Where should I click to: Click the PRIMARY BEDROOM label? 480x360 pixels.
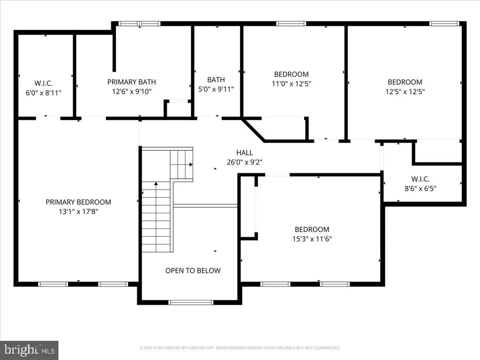tap(78, 202)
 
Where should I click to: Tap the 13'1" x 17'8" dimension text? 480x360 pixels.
tap(78, 211)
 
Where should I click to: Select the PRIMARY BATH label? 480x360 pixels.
tap(132, 82)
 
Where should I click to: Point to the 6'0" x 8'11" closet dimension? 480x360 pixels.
tap(44, 93)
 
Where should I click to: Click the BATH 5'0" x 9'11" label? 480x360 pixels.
tap(216, 84)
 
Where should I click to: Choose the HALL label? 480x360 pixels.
tap(245, 152)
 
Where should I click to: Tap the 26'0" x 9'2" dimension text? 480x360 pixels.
tap(245, 162)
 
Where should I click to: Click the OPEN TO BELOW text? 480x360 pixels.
tap(193, 270)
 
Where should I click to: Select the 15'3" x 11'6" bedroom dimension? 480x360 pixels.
tap(312, 239)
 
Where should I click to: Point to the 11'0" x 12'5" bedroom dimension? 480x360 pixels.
tap(292, 83)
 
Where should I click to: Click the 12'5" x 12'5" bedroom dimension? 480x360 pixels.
tap(405, 91)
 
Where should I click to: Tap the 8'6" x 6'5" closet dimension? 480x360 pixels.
tap(420, 188)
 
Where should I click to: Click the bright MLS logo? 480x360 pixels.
tap(29, 350)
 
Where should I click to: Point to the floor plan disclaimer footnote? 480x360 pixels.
tap(240, 348)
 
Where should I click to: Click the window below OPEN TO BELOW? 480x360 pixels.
tap(191, 302)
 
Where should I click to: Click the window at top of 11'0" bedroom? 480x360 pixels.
tap(291, 23)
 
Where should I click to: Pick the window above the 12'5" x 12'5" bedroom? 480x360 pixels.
tap(444, 23)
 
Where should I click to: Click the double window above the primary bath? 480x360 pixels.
tap(139, 23)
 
